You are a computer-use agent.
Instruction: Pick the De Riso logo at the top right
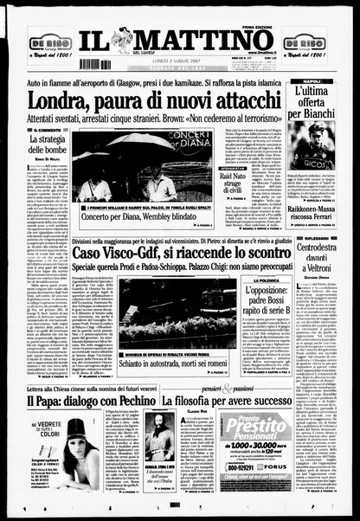pos(310,43)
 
